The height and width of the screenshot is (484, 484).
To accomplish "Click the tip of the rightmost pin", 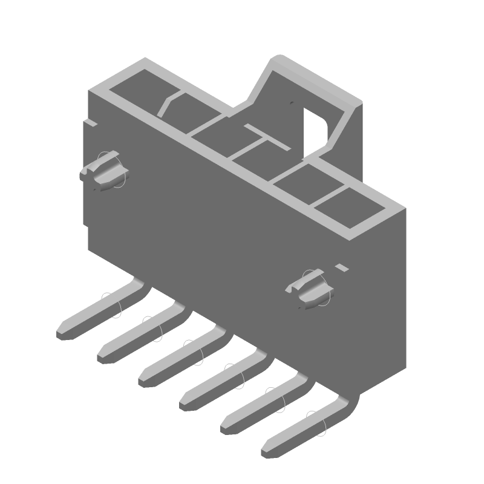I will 267,451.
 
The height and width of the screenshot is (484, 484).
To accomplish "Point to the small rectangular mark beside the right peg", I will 342,267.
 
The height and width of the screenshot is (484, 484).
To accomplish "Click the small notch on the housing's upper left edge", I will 91,123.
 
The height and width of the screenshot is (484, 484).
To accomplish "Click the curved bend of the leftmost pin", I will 138,284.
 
